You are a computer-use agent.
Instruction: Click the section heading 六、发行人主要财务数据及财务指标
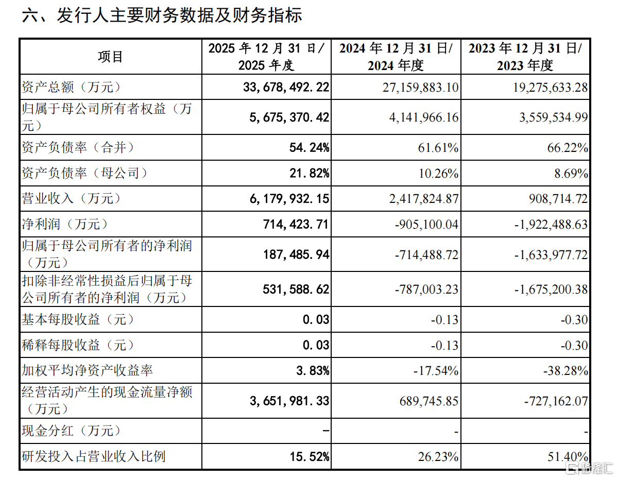click(x=162, y=15)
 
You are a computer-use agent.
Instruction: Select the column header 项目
click(x=111, y=57)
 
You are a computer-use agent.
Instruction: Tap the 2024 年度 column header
click(x=396, y=57)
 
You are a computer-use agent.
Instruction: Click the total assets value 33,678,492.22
click(x=286, y=87)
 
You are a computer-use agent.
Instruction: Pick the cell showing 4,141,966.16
click(x=424, y=117)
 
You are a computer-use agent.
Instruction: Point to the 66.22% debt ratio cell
click(x=568, y=148)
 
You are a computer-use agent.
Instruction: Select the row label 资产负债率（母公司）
click(x=84, y=173)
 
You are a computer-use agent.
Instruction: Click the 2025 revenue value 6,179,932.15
click(x=289, y=198)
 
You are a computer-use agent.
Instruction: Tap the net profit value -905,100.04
click(x=426, y=225)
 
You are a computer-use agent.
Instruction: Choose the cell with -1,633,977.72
click(x=551, y=254)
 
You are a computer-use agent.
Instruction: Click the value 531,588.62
click(x=296, y=289)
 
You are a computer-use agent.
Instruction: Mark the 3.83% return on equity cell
click(x=313, y=370)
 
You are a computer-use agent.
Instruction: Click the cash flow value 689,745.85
click(x=429, y=401)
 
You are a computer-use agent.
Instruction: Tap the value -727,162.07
click(x=556, y=401)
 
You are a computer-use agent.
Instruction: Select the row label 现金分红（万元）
click(x=71, y=431)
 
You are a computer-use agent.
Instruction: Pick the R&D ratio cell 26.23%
click(x=438, y=456)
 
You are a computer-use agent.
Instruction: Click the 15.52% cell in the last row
click(x=310, y=456)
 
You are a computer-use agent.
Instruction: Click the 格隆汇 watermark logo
click(x=589, y=468)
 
